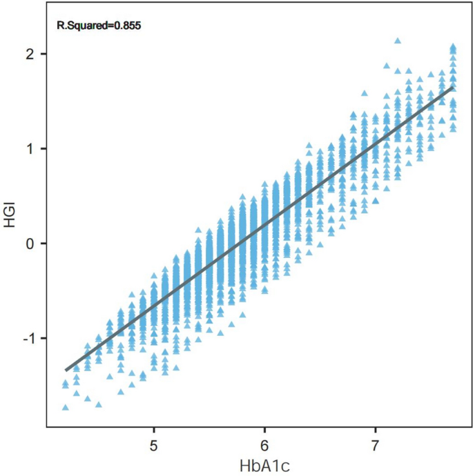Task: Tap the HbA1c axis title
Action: pyautogui.click(x=264, y=466)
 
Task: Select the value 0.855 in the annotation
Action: pyautogui.click(x=127, y=27)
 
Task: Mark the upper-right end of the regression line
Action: pyautogui.click(x=453, y=87)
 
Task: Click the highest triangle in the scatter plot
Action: pyautogui.click(x=397, y=41)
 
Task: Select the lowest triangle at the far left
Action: pyautogui.click(x=66, y=407)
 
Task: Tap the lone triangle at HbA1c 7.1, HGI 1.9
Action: pyautogui.click(x=387, y=66)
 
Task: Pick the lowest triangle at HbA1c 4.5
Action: pyautogui.click(x=99, y=404)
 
